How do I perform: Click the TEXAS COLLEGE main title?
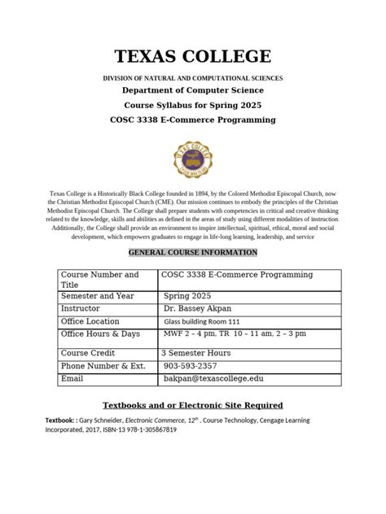[x=192, y=57]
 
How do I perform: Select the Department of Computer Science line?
[x=192, y=90]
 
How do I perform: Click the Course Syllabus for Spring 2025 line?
[x=192, y=105]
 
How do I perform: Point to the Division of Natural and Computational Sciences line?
[x=192, y=76]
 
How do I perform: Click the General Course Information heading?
[x=192, y=253]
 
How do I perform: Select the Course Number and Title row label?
[x=100, y=280]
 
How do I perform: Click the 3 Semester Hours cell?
[x=196, y=353]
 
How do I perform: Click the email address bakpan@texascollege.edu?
[x=212, y=380]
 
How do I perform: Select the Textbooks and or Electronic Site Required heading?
[x=192, y=404]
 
